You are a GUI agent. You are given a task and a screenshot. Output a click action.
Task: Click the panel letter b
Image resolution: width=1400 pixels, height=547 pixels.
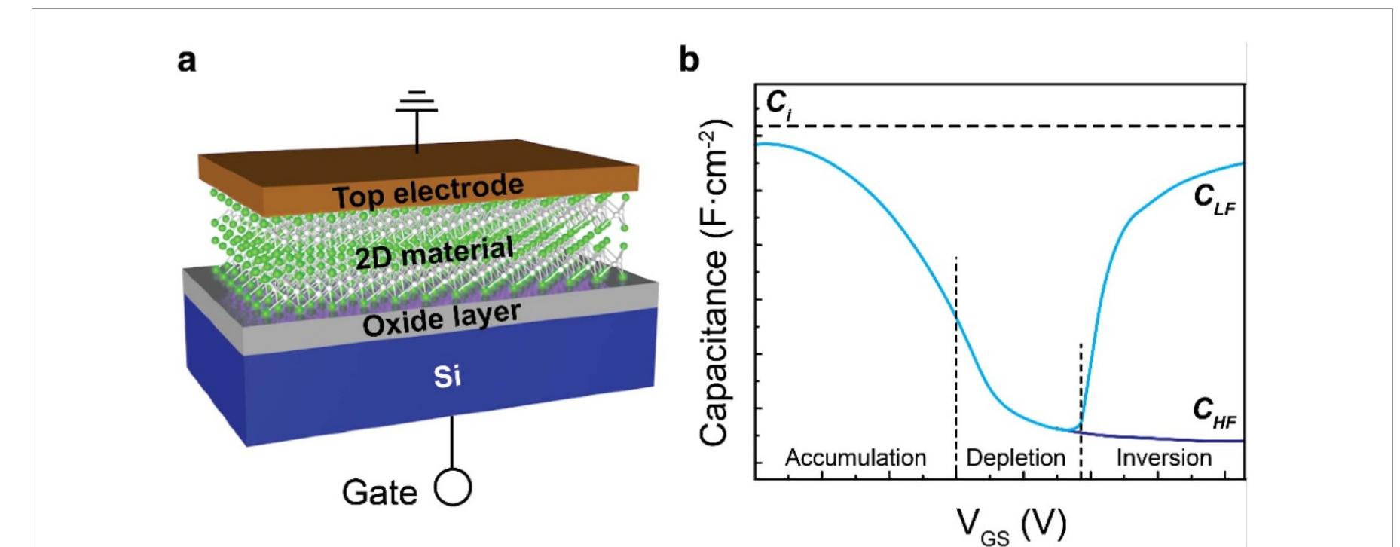[689, 60]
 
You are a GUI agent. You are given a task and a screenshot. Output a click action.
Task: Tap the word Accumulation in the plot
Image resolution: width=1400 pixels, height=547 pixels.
[855, 457]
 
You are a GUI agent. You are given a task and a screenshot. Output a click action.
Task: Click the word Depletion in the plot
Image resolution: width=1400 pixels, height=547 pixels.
[1016, 457]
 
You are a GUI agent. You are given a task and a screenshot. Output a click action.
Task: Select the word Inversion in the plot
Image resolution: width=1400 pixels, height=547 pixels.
[1163, 457]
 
